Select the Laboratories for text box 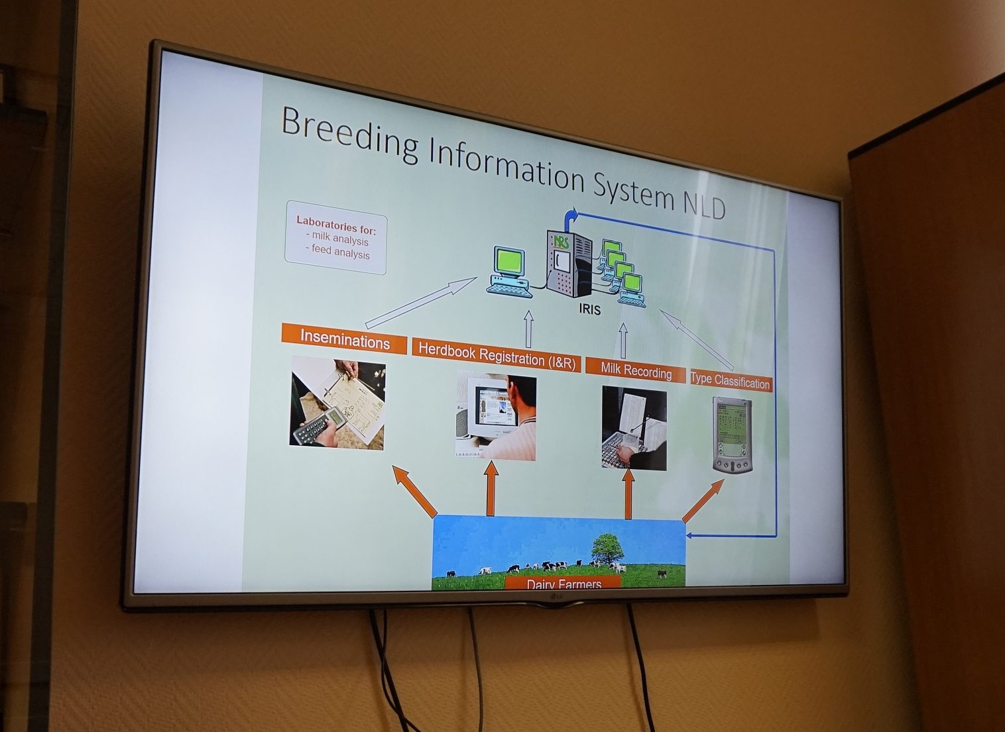(x=335, y=237)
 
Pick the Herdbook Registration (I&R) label (x=497, y=356)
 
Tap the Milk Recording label (x=635, y=371)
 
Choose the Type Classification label (x=731, y=381)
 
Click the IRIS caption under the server (x=589, y=310)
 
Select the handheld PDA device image (x=733, y=435)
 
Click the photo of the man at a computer (x=496, y=417)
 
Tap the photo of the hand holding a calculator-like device (x=337, y=403)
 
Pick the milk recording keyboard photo (x=634, y=429)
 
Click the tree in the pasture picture (x=607, y=548)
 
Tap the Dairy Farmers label (x=563, y=584)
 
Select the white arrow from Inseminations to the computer (x=420, y=303)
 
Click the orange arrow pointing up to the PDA (x=703, y=500)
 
